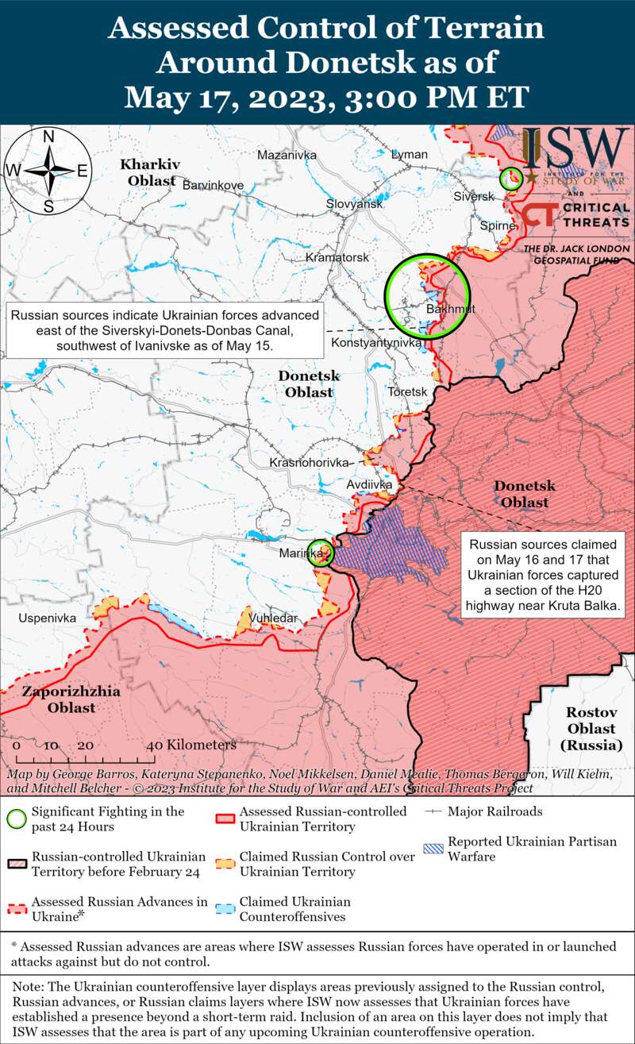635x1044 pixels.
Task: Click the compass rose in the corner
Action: (48, 170)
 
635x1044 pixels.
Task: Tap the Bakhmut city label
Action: (450, 309)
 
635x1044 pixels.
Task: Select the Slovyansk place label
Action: (354, 204)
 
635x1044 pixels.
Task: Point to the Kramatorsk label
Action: (337, 258)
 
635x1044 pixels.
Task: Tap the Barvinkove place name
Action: (213, 185)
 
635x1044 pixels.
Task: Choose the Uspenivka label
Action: (48, 618)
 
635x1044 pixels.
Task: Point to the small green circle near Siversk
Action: (511, 177)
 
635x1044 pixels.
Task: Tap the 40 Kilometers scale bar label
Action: (191, 745)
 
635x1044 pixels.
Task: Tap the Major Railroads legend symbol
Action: (433, 811)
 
